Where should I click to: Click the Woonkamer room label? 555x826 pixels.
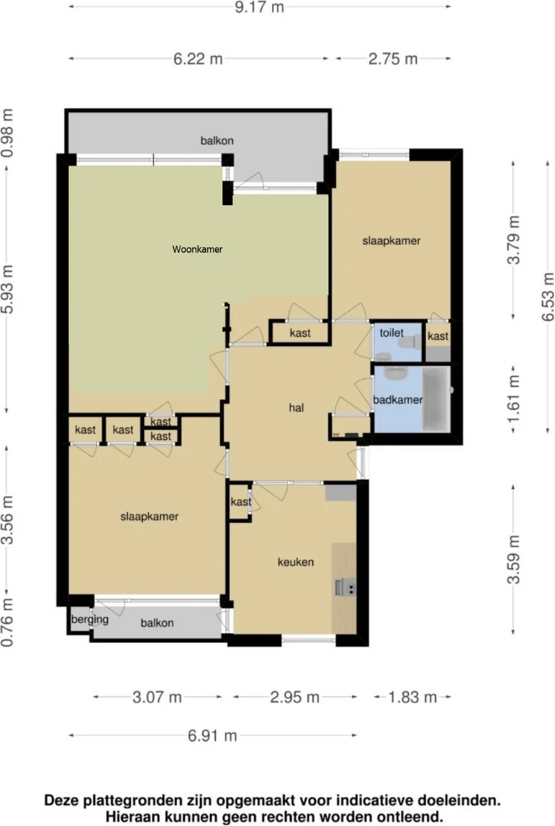pyautogui.click(x=197, y=249)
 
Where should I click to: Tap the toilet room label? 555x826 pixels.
pyautogui.click(x=392, y=332)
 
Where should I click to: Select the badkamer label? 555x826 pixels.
pyautogui.click(x=398, y=400)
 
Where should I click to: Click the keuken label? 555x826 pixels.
pyautogui.click(x=296, y=562)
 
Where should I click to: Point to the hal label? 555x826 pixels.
pyautogui.click(x=296, y=407)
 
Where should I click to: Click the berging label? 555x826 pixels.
pyautogui.click(x=89, y=619)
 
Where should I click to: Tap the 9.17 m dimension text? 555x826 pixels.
pyautogui.click(x=259, y=7)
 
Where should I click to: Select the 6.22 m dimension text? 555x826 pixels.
pyautogui.click(x=198, y=58)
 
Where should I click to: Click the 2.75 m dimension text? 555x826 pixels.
pyautogui.click(x=393, y=58)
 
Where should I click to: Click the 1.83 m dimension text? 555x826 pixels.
pyautogui.click(x=412, y=697)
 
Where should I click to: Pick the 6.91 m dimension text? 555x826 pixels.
pyautogui.click(x=212, y=735)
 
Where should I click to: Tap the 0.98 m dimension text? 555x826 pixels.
pyautogui.click(x=7, y=133)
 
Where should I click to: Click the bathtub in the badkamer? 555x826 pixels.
pyautogui.click(x=436, y=399)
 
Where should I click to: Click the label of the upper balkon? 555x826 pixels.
pyautogui.click(x=216, y=141)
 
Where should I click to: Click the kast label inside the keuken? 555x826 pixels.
pyautogui.click(x=241, y=502)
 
